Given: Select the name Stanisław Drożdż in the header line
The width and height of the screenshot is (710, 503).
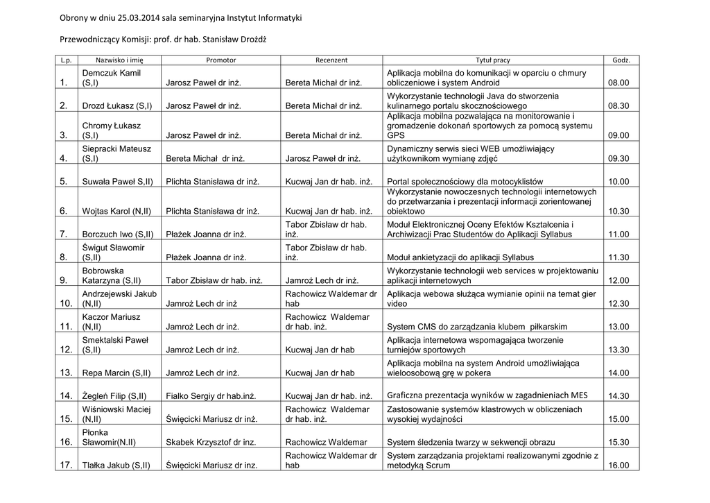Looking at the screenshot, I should tap(234, 39).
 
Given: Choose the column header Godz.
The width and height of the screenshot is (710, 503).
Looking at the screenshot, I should tap(621, 60).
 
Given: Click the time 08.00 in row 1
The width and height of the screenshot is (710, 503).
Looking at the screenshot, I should tap(618, 83).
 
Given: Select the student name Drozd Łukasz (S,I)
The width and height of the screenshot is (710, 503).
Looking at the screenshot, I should tap(117, 106).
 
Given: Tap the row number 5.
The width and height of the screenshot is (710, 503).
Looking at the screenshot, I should tap(63, 182).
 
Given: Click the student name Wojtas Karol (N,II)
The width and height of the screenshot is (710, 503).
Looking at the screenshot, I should tap(116, 211).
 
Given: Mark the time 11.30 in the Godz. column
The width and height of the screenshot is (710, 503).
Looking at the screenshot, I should tap(618, 257).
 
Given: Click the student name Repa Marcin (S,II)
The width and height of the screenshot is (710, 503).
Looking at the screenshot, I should tap(116, 373).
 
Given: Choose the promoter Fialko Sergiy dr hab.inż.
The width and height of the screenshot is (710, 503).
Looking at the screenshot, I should tap(211, 396).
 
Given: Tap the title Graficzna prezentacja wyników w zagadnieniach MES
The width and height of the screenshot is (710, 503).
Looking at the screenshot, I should tap(487, 395).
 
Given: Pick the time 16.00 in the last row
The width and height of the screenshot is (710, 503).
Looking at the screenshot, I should tap(618, 466).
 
